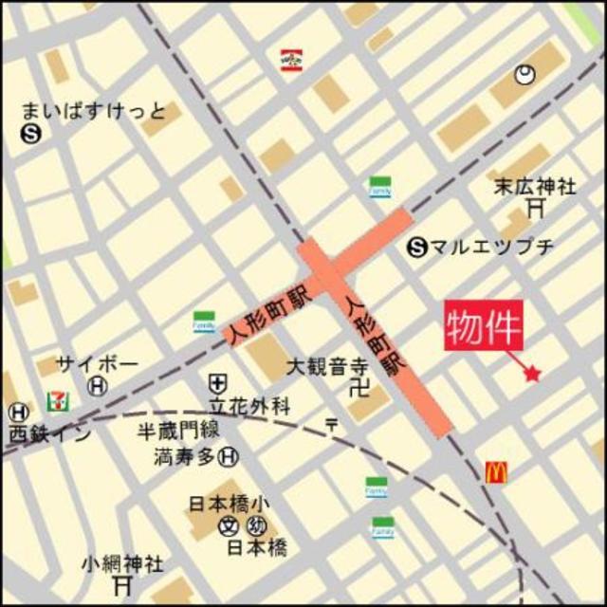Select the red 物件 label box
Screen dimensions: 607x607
click(x=485, y=328)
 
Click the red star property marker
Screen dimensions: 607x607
click(x=532, y=375)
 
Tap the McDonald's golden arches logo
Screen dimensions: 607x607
click(x=497, y=470)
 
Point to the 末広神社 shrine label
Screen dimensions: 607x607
click(x=534, y=186)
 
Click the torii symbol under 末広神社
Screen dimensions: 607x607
click(x=537, y=206)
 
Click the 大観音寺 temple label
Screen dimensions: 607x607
click(x=327, y=365)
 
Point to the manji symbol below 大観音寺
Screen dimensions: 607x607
click(x=357, y=386)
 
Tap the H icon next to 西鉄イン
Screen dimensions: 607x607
click(x=18, y=413)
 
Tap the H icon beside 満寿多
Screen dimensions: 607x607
click(x=228, y=457)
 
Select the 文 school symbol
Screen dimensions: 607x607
click(x=229, y=527)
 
